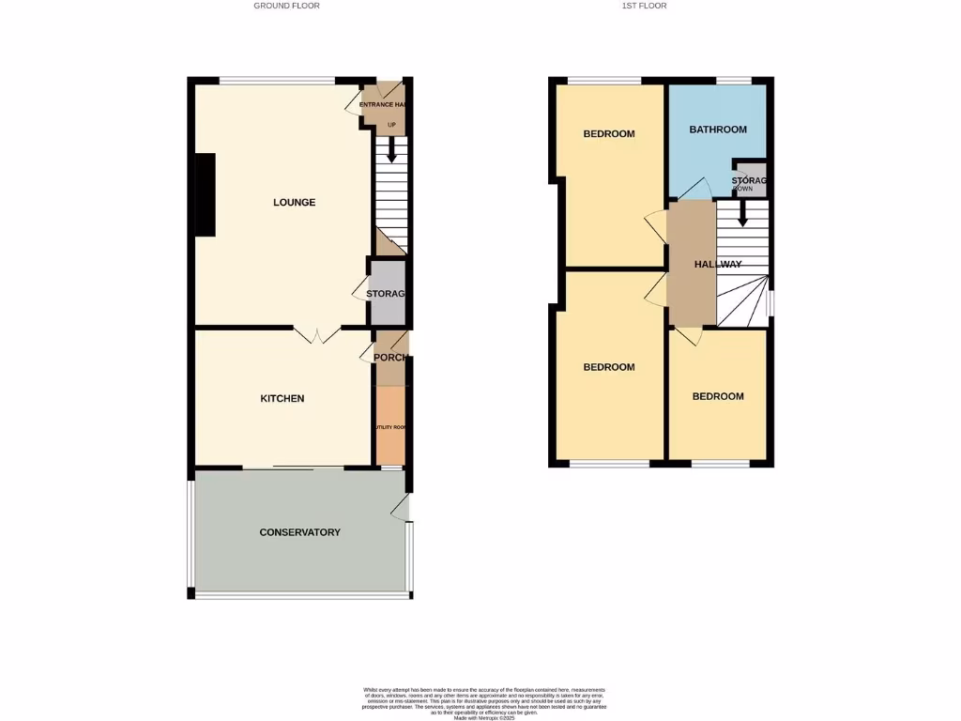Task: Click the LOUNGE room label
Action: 294,203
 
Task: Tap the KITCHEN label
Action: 282,399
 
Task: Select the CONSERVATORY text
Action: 299,532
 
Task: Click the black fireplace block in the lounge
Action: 204,194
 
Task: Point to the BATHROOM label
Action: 717,130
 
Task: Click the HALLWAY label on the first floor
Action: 718,265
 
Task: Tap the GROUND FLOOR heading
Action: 286,6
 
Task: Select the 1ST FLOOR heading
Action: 644,6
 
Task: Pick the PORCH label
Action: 389,358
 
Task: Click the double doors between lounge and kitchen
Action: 316,333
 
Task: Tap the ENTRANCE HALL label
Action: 382,104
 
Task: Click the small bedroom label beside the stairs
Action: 718,396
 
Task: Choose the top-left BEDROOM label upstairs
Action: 609,134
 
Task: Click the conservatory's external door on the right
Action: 402,508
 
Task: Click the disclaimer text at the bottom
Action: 485,702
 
